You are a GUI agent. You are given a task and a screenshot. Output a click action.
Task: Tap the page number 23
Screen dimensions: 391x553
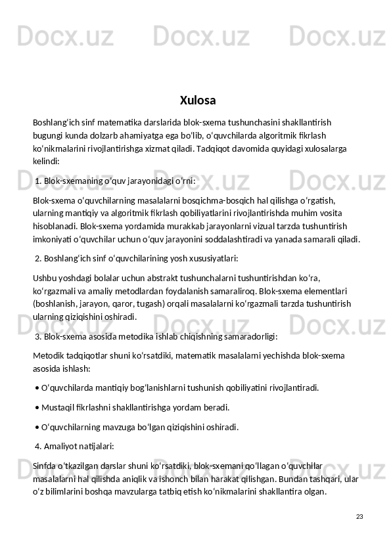pos(359,517)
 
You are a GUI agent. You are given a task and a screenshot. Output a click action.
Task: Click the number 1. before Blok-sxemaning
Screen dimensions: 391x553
pos(38,180)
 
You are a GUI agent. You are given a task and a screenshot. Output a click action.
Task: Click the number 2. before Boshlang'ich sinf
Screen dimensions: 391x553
pos(38,257)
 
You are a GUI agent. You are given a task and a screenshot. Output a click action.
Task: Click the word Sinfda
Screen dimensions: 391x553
pos(45,466)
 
